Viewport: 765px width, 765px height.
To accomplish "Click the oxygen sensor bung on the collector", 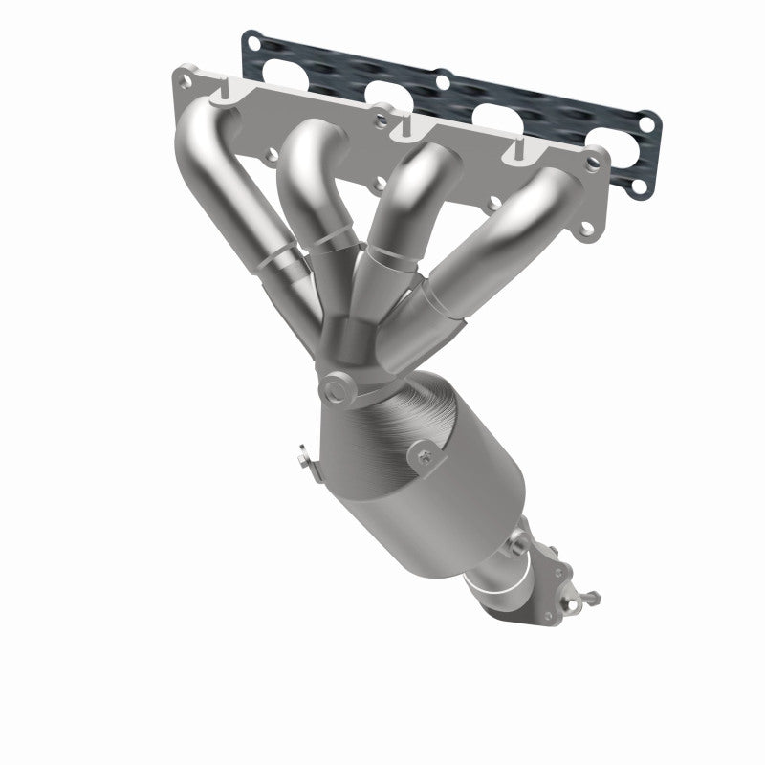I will point(336,389).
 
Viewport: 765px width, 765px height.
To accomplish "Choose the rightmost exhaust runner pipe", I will point(497,239).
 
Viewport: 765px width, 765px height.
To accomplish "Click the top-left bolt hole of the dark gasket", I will point(251,41).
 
